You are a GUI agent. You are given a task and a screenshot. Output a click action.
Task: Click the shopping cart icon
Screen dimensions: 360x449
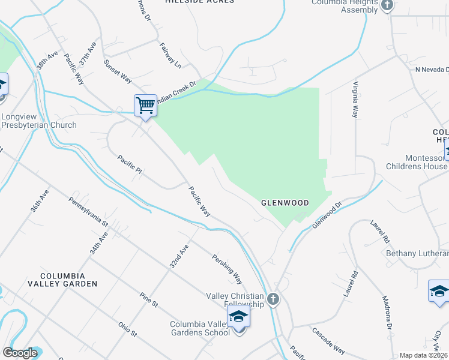(145, 106)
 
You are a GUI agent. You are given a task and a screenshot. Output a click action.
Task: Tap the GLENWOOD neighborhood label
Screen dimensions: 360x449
(285, 203)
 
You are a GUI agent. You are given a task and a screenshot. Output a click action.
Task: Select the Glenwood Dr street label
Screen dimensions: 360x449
(327, 214)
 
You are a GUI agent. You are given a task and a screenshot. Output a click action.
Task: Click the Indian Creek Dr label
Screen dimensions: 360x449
(176, 91)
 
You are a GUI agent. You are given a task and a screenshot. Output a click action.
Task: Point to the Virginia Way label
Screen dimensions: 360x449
(356, 99)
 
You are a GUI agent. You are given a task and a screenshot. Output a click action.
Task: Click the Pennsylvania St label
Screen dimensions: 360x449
(88, 212)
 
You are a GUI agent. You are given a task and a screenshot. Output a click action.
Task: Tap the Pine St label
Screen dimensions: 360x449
(148, 300)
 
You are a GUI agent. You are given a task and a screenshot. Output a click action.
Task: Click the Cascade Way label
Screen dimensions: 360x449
(328, 341)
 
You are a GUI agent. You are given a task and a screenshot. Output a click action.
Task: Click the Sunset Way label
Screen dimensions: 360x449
(117, 71)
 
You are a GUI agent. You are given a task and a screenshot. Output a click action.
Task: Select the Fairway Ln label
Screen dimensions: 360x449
(170, 54)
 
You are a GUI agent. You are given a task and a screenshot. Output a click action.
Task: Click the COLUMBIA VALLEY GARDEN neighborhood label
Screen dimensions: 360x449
(61, 278)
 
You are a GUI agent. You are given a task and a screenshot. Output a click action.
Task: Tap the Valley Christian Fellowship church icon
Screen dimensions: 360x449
(274, 299)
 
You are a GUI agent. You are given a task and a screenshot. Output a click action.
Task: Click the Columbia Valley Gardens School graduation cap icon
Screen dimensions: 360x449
(239, 316)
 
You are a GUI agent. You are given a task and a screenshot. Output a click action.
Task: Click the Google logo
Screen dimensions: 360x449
(20, 353)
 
